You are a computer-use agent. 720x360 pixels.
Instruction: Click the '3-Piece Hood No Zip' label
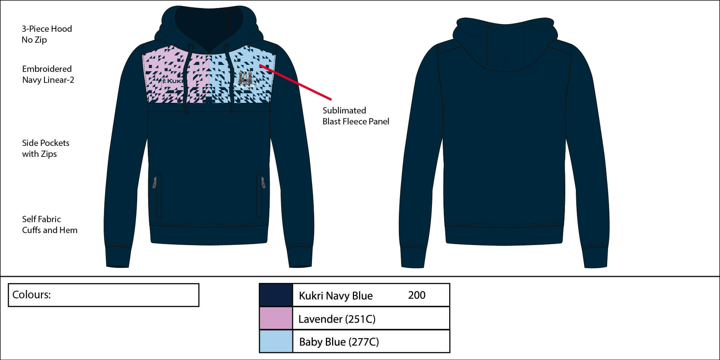[x=47, y=34]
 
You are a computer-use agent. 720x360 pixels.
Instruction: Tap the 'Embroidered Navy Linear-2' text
[x=48, y=74]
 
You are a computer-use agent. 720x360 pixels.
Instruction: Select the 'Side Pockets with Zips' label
[x=46, y=148]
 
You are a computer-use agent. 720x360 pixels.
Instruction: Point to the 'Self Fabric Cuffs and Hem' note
[x=50, y=225]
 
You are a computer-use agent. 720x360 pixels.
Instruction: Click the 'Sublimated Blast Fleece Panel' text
[x=356, y=116]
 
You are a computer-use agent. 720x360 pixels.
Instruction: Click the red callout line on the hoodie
[x=295, y=82]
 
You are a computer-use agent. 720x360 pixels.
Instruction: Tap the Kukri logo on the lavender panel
[x=173, y=81]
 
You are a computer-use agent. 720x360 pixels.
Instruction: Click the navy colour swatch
[x=276, y=295]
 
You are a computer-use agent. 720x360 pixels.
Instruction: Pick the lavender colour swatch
[x=276, y=318]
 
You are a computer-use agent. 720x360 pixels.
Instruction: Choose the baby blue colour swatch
[x=276, y=341]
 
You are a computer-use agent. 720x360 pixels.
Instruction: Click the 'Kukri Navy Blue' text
[x=336, y=296]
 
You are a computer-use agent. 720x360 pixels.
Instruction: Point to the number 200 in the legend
[x=417, y=295]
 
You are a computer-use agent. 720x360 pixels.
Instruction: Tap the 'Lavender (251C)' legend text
[x=337, y=319]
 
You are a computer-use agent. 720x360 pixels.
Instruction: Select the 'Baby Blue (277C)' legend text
[x=339, y=342]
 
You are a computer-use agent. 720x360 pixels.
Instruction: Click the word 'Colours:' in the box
[x=31, y=295]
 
